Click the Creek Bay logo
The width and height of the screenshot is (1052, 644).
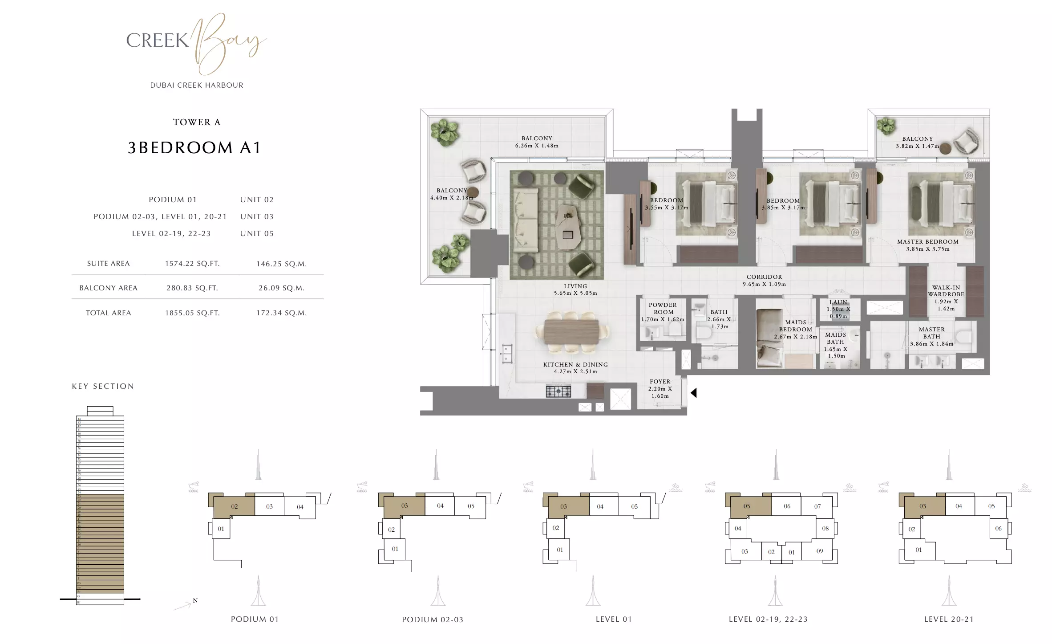(196, 45)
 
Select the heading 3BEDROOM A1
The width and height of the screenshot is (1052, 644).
(194, 148)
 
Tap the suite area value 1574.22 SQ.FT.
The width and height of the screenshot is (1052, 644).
(192, 264)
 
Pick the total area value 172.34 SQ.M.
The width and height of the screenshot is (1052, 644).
(281, 313)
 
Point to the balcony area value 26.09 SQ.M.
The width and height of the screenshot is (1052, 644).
(281, 288)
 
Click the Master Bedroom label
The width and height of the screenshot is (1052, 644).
(927, 242)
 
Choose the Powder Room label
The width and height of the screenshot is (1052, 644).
(663, 308)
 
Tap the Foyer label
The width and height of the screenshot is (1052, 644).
(660, 382)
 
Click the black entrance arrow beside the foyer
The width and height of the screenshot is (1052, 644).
(693, 393)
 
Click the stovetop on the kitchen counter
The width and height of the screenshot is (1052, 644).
(558, 391)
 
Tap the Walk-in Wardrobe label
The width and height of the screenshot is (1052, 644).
(946, 291)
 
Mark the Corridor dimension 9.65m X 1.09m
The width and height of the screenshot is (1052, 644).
(764, 284)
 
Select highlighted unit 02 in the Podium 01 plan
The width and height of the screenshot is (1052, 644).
(235, 506)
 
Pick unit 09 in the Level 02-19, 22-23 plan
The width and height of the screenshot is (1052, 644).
(820, 551)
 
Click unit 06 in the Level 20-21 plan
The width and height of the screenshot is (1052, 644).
(998, 529)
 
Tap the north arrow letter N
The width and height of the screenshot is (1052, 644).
(195, 601)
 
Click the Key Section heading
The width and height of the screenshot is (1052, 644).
(103, 386)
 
